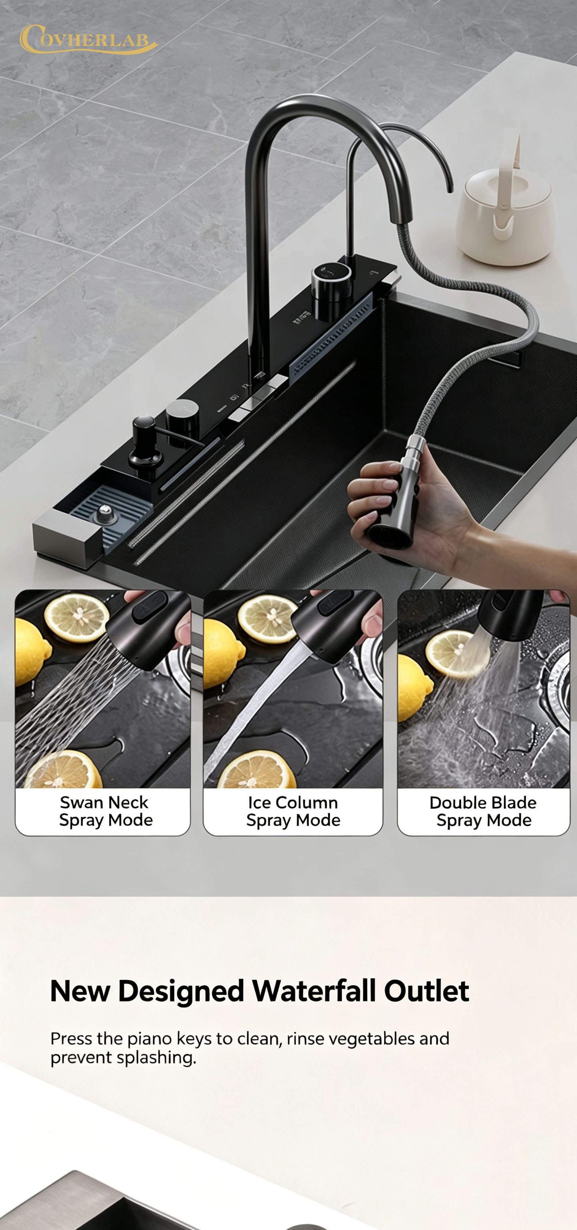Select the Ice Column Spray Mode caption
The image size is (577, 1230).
293,811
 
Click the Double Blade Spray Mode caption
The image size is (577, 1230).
483,811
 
